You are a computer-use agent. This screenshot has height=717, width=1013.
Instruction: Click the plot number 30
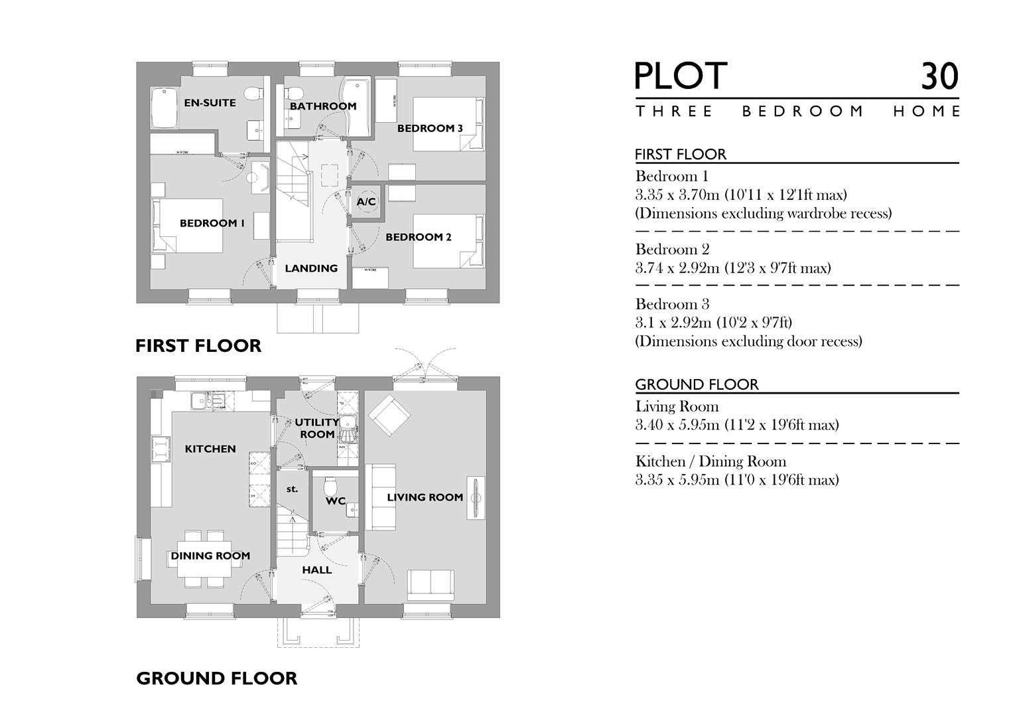tap(939, 76)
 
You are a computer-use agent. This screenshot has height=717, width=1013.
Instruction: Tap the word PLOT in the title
tap(681, 76)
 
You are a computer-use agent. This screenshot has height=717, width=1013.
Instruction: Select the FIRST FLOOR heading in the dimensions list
tap(681, 155)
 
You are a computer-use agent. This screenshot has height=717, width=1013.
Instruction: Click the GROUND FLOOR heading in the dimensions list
tap(697, 384)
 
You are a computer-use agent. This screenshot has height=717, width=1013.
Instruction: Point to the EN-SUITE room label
tap(210, 103)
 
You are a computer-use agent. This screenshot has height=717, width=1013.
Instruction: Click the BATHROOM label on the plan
tap(323, 106)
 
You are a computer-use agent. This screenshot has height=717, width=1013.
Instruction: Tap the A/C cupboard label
tap(366, 202)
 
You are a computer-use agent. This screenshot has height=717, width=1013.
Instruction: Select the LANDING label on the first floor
tap(311, 268)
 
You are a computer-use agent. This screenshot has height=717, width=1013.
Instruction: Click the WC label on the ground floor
tap(336, 501)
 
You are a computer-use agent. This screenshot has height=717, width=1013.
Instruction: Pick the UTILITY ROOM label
tap(316, 428)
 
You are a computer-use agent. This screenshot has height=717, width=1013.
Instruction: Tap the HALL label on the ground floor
tap(317, 570)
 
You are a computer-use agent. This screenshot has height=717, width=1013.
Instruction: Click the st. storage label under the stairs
tap(292, 489)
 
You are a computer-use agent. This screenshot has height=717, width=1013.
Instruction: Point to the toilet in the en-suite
tap(252, 95)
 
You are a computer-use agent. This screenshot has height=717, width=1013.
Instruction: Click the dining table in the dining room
tap(205, 558)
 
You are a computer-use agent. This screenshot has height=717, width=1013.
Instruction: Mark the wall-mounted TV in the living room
tap(476, 498)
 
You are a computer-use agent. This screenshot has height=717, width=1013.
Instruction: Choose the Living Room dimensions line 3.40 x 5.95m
tap(736, 425)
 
